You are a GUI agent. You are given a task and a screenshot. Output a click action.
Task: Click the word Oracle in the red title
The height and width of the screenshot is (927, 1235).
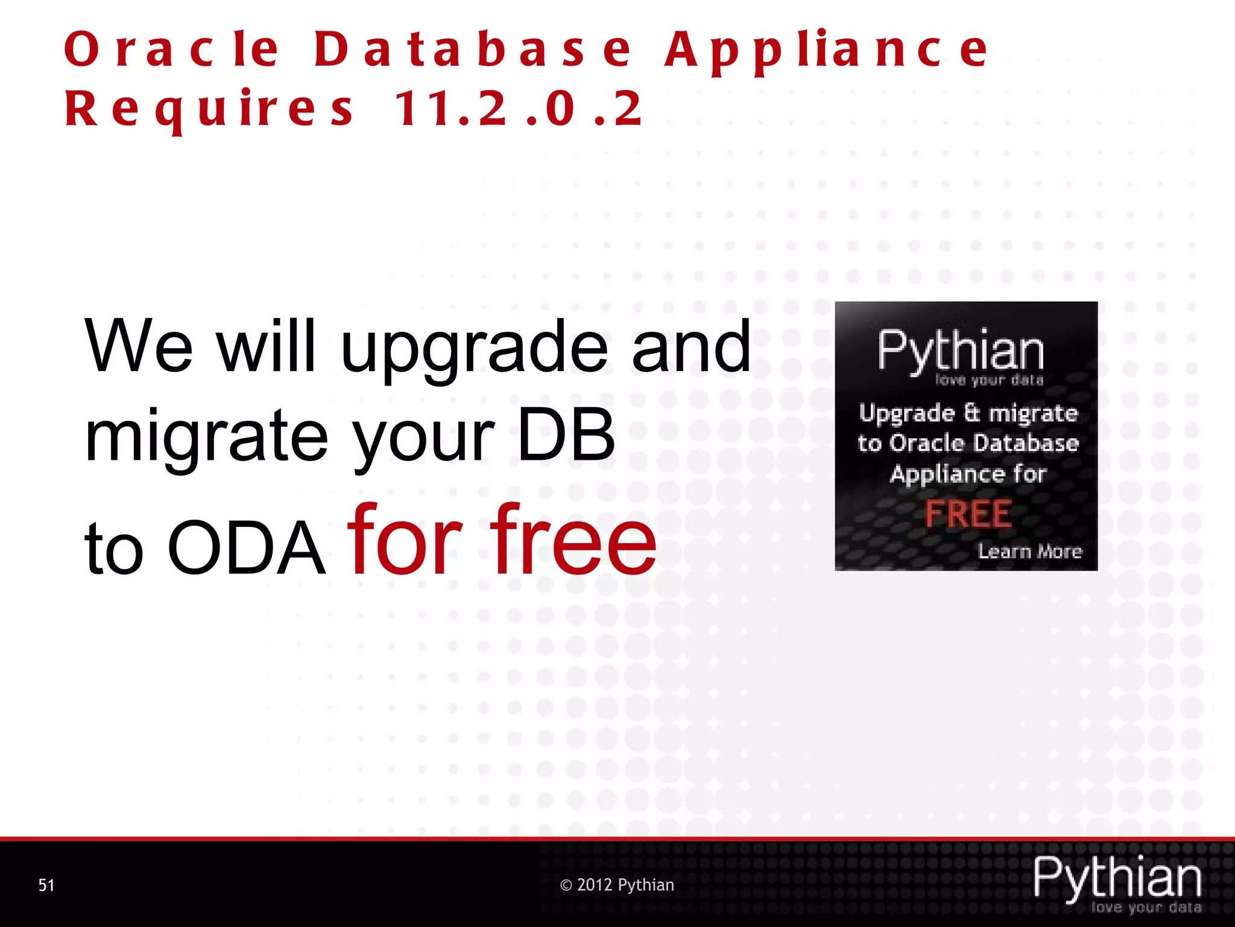[x=172, y=49]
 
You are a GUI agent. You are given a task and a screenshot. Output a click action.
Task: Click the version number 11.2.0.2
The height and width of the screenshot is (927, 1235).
[x=519, y=109]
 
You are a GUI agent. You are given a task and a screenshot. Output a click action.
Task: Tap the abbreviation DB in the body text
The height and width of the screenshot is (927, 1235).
[x=565, y=436]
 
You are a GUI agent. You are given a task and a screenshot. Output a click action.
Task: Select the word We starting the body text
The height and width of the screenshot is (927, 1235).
[x=139, y=346]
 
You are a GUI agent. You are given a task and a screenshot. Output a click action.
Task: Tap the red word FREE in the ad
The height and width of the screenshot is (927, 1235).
[x=968, y=514]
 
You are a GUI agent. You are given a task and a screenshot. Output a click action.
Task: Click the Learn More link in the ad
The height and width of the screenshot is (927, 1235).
[x=1030, y=551]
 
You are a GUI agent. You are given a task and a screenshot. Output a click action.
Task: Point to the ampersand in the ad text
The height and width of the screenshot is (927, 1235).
[x=971, y=412]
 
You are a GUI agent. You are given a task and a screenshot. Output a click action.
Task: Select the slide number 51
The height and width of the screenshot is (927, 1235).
[x=46, y=885]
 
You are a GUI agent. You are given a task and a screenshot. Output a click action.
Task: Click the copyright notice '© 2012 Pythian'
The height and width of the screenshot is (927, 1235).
[x=617, y=885]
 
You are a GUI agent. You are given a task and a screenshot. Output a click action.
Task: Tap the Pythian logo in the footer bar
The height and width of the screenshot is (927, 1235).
[x=1117, y=878]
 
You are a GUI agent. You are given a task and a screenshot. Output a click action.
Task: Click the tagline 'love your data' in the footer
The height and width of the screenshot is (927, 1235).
[x=1146, y=908]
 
